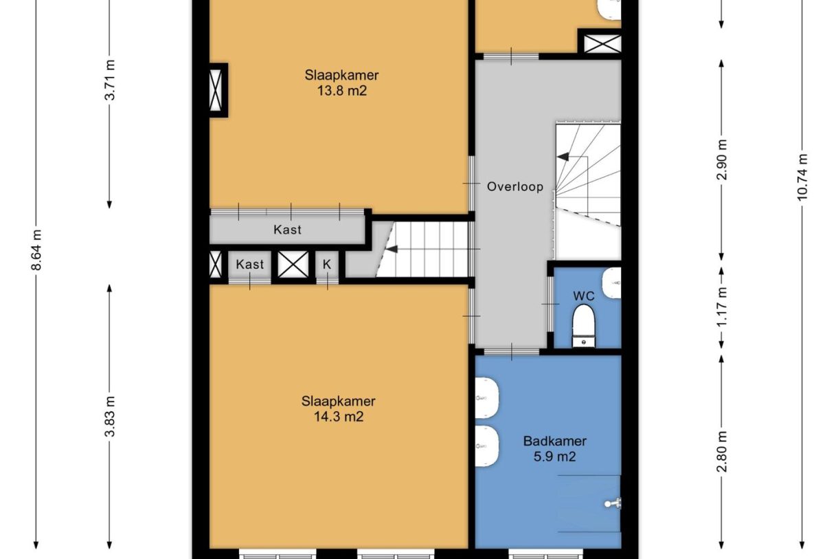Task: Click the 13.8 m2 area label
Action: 341,91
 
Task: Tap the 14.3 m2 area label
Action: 339,417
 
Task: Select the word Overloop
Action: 514,186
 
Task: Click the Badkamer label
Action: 554,441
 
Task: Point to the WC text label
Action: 584,296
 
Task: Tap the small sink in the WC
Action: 611,283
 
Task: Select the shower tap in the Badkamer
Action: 613,503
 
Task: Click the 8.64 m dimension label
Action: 36,250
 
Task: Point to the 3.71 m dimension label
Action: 110,80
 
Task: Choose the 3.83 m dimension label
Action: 110,417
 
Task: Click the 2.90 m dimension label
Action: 722,160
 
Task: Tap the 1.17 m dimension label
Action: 722,307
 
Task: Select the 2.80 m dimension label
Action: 722,452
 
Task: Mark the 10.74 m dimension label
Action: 802,177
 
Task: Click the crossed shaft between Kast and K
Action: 293,264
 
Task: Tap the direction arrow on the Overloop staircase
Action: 563,156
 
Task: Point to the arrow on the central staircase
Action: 392,249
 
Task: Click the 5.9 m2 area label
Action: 554,457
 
